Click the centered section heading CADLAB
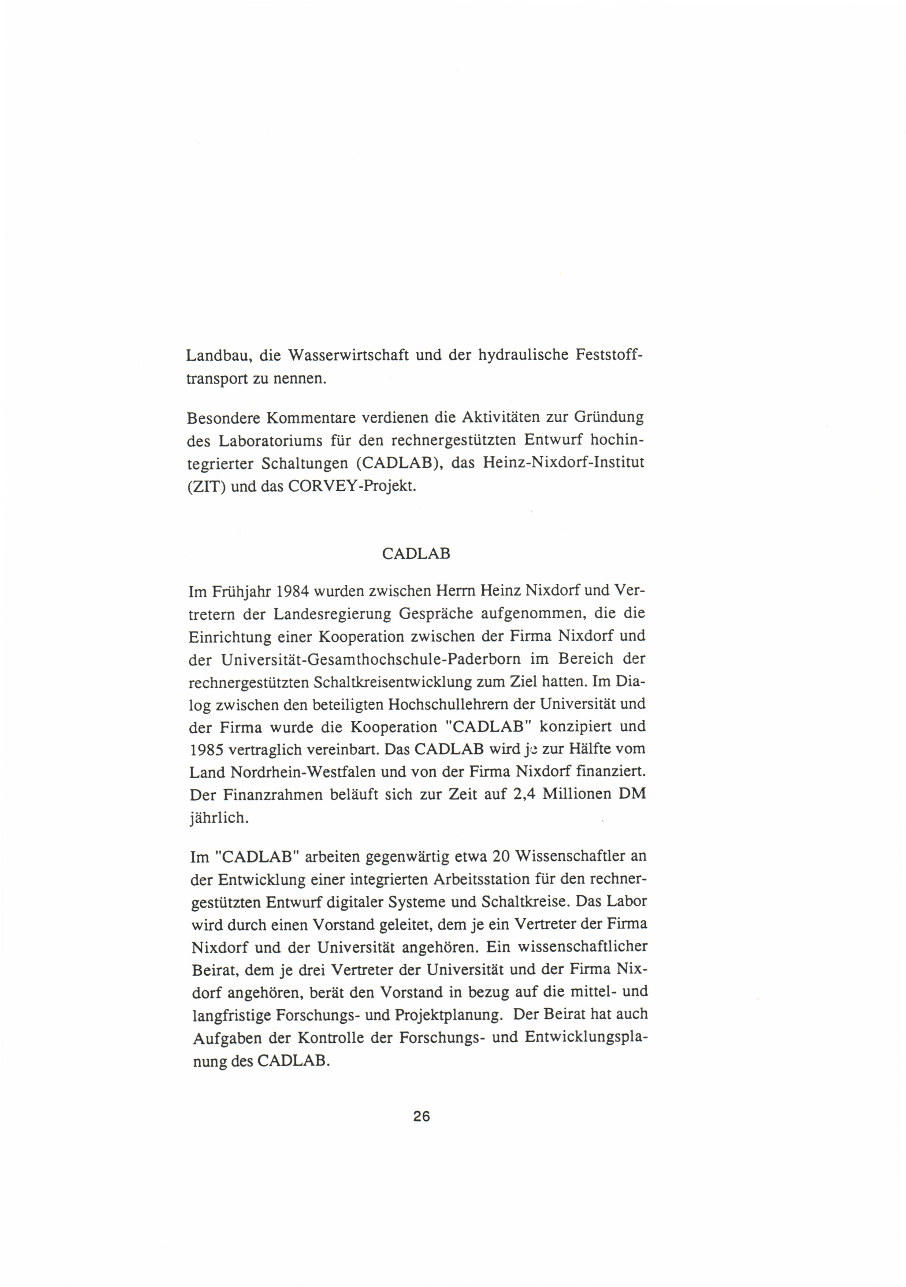point(416,554)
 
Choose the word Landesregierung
point(333,614)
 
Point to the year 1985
point(207,749)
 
